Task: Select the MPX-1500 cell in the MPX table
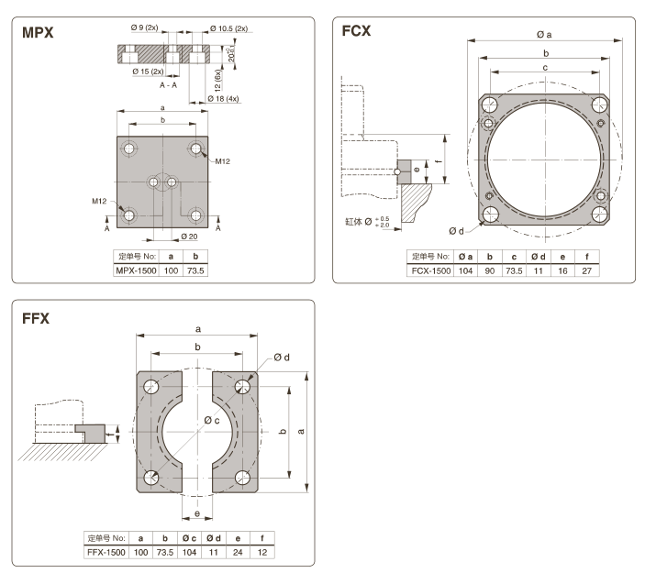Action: point(134,271)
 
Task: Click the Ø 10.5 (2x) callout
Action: point(228,28)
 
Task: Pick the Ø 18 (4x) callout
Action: point(221,98)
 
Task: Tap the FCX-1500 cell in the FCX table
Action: point(429,271)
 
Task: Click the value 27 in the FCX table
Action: point(586,271)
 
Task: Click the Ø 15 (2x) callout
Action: point(146,71)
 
